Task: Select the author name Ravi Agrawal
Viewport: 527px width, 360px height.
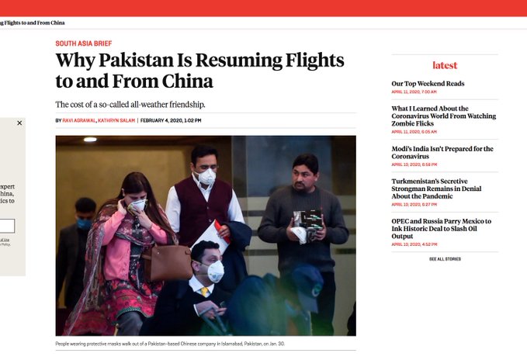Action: (79, 120)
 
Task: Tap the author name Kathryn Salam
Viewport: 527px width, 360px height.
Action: (116, 120)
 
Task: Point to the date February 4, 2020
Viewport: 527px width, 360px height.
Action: (171, 120)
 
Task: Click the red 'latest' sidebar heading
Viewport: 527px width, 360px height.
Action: (445, 66)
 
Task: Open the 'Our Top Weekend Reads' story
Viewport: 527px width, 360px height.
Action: (428, 84)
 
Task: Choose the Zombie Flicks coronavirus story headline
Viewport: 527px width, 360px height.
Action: (443, 116)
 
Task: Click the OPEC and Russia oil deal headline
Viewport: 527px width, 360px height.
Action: (441, 225)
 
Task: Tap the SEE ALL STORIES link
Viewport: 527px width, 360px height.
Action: (445, 259)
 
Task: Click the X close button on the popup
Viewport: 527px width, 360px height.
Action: (19, 123)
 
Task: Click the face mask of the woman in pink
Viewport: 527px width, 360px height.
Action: (137, 205)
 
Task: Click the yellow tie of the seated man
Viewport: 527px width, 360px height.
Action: (205, 292)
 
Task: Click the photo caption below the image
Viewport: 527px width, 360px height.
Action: (169, 344)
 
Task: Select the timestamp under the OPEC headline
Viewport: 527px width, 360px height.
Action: (414, 244)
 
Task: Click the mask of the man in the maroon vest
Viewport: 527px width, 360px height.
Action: (206, 177)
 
